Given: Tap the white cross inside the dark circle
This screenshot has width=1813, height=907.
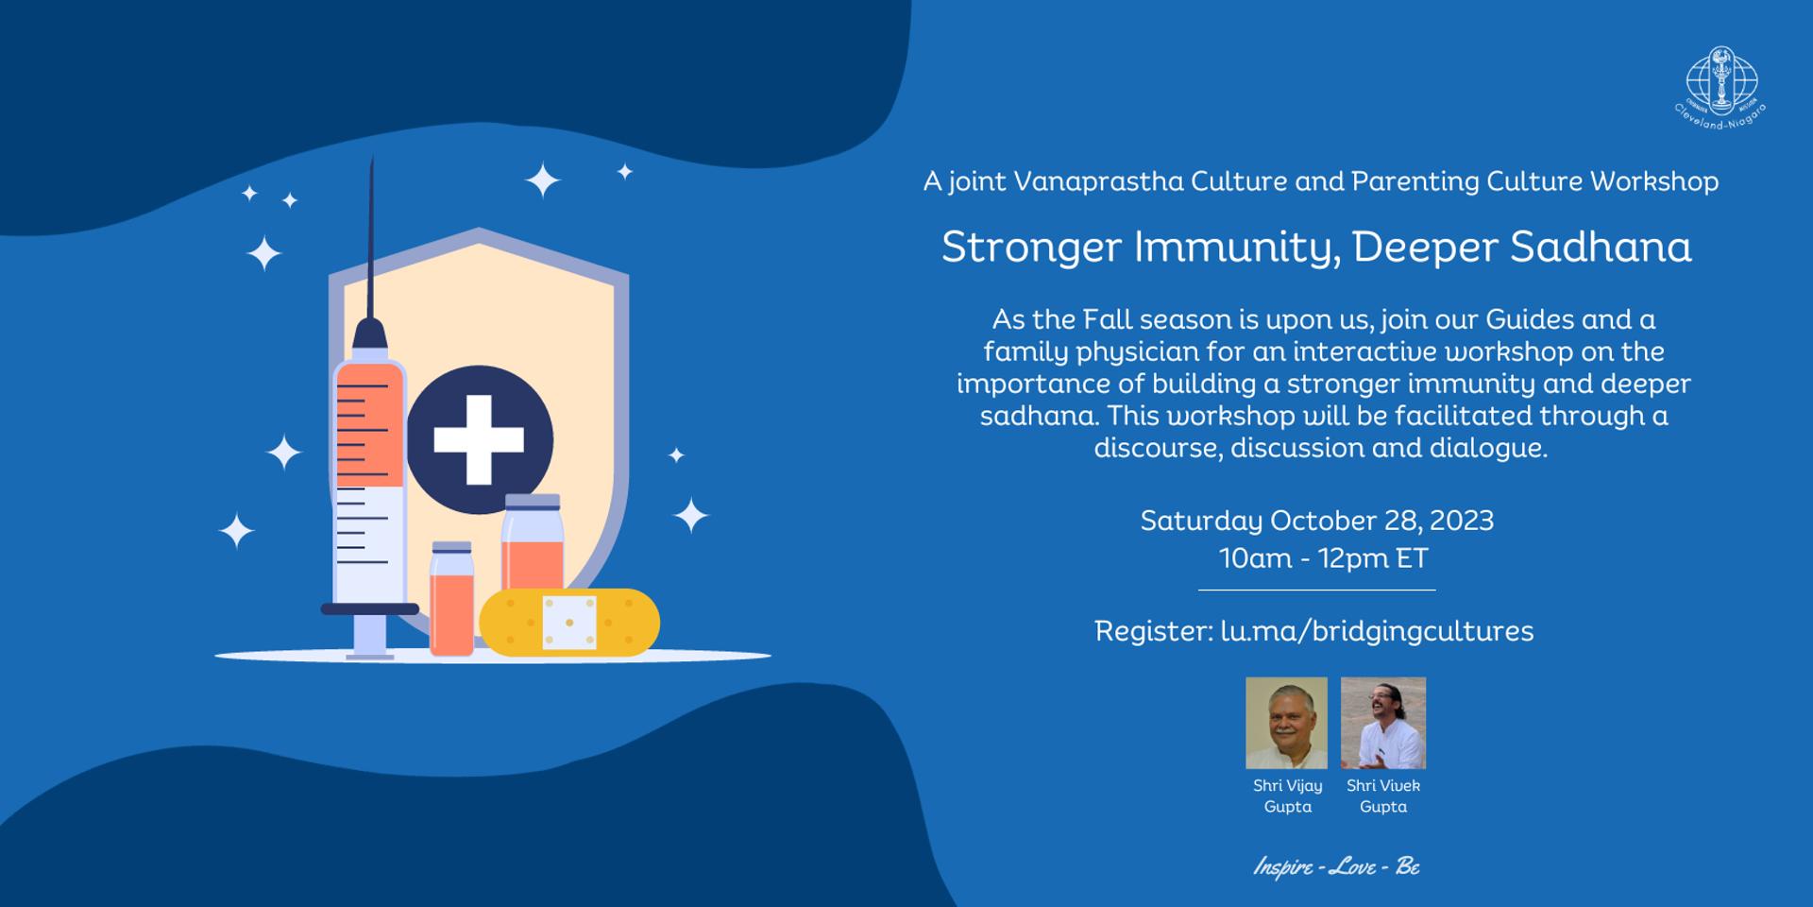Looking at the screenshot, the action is pos(479,439).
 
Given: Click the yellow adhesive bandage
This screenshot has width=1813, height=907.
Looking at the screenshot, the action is pos(569,623).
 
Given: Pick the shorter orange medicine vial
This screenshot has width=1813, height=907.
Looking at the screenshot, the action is pos(451,598).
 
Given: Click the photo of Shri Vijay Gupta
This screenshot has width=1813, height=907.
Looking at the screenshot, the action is pos(1286,723).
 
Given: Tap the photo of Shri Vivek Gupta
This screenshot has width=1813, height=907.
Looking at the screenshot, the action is pos(1383,723).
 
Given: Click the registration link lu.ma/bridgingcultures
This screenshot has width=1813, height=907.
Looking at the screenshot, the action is pos(1377,631).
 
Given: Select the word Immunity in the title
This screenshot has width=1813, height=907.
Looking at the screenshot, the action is pos(1234,248).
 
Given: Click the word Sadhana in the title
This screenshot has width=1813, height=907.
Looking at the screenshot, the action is pos(1601,248).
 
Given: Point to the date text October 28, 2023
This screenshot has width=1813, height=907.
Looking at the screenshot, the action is pos(1381,521).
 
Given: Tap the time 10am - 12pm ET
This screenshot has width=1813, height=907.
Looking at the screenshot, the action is pos(1324,558).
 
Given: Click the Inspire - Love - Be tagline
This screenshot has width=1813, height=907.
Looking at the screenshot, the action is pos(1336,866).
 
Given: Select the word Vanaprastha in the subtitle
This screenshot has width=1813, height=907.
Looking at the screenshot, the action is pos(1098,180).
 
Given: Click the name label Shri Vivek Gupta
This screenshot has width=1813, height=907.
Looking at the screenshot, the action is pos(1383,796).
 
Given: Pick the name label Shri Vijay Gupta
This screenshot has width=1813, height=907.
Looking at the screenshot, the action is pos(1288,796).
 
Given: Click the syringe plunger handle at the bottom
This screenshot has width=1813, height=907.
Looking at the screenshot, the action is pos(370,609).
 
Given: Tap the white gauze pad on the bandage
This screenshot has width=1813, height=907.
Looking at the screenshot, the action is pos(569,623).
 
